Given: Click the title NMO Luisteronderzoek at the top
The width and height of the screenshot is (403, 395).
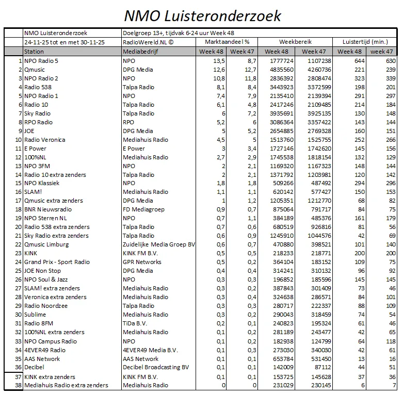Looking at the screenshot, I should [203, 15].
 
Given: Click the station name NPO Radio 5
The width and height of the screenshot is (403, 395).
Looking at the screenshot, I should [41, 61].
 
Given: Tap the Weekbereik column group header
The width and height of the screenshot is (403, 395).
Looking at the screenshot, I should [295, 41].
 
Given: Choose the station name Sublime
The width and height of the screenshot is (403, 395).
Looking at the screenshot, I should [35, 315].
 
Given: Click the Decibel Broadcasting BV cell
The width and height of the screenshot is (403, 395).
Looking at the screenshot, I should [156, 368].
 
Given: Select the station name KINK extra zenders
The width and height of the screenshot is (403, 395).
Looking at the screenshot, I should [50, 377].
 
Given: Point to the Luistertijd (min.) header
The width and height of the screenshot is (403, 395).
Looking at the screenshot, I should [365, 41].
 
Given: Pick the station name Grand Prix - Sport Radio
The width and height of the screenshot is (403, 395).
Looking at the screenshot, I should [57, 262].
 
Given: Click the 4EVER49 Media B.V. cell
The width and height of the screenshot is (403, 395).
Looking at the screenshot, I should [150, 350].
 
